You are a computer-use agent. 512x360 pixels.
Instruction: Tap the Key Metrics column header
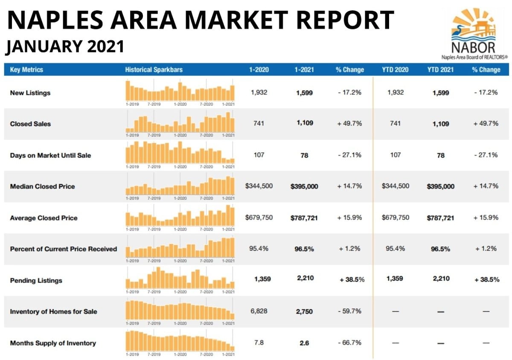tap(26, 70)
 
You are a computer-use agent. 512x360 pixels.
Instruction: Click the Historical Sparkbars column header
tap(154, 70)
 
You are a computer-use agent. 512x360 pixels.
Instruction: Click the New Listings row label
tap(30, 93)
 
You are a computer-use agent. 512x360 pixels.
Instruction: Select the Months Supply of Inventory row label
tap(52, 343)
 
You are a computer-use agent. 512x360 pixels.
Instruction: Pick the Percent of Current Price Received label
tap(63, 249)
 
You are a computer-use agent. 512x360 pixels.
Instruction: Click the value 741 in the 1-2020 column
tap(259, 123)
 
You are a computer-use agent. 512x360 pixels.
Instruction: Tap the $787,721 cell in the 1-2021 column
tap(304, 218)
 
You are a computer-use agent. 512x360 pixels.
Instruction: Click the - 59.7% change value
tap(349, 311)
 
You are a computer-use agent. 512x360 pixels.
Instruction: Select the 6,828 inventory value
tap(259, 311)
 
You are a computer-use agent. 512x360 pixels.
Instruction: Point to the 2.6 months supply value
tap(304, 343)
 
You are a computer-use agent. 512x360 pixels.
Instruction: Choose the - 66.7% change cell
tap(349, 343)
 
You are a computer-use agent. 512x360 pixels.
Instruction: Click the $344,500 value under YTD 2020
tap(395, 186)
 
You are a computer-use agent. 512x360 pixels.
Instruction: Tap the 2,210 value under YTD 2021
tap(440, 279)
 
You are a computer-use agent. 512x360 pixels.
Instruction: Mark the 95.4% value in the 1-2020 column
tap(259, 249)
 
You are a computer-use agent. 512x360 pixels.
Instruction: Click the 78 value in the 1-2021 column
tap(304, 155)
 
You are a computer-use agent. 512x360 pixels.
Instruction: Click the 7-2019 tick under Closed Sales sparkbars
tap(154, 135)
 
